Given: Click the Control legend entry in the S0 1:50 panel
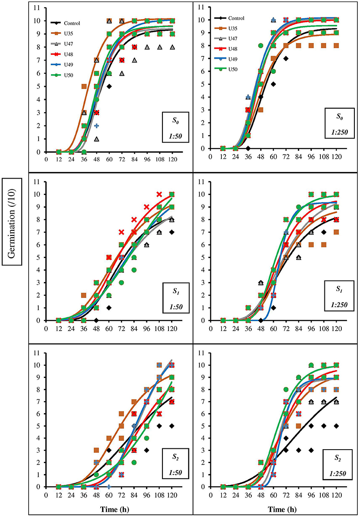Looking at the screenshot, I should pyautogui.click(x=64, y=23).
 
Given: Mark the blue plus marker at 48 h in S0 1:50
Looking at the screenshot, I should pyautogui.click(x=96, y=126).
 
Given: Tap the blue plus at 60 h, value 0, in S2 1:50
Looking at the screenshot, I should pyautogui.click(x=109, y=487).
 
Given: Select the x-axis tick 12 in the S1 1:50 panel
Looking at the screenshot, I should pyautogui.click(x=58, y=328).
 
